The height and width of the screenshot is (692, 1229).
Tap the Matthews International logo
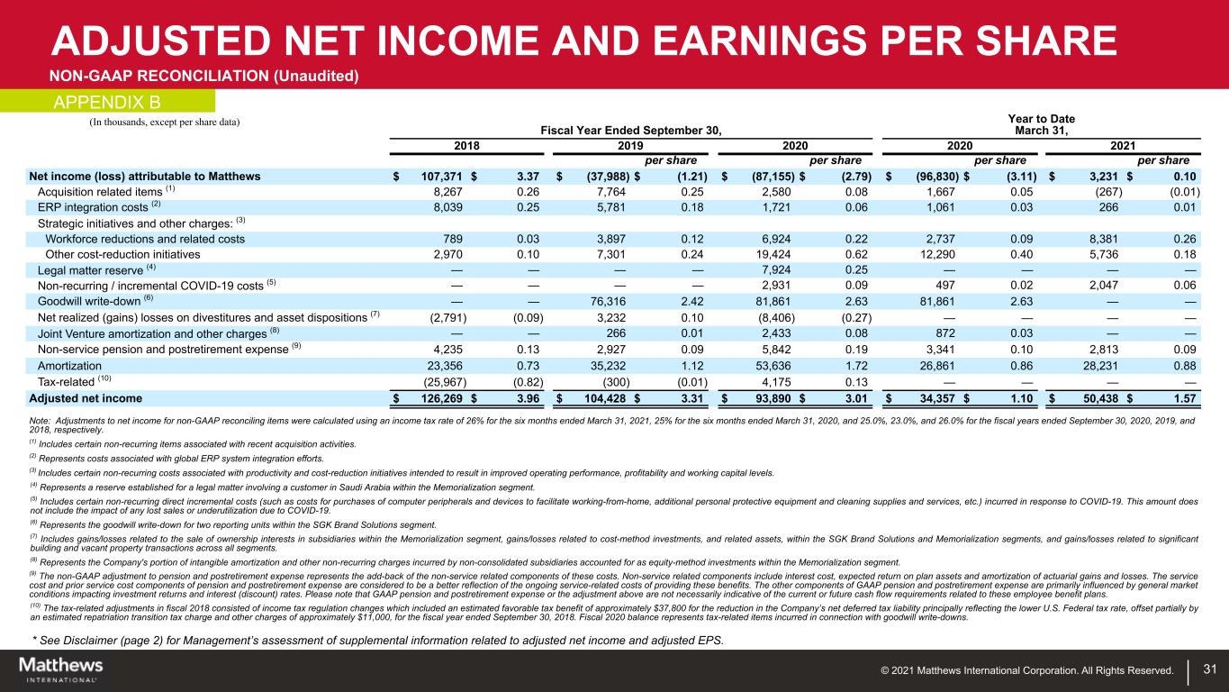pos(61,669)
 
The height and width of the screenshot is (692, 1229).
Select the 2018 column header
pos(468,145)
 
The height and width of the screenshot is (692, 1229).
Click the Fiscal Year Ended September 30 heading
pos(631,131)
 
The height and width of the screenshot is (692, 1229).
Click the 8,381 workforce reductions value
pos(1098,239)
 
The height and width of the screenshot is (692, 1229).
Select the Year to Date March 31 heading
pos(1037,125)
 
